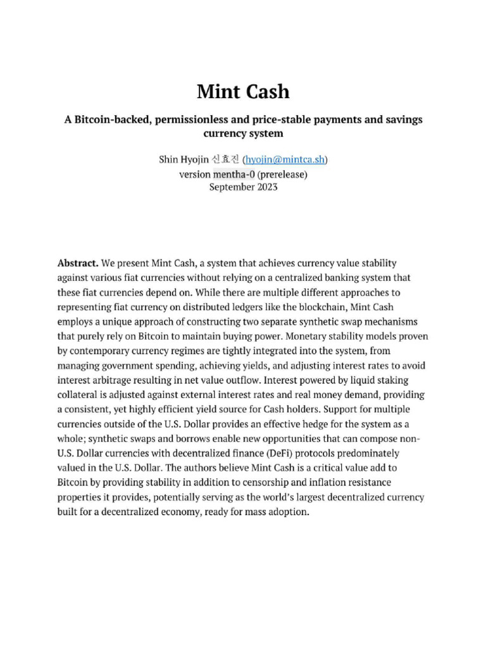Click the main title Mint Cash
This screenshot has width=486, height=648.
click(x=243, y=92)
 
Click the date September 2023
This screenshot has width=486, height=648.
click(x=243, y=187)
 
